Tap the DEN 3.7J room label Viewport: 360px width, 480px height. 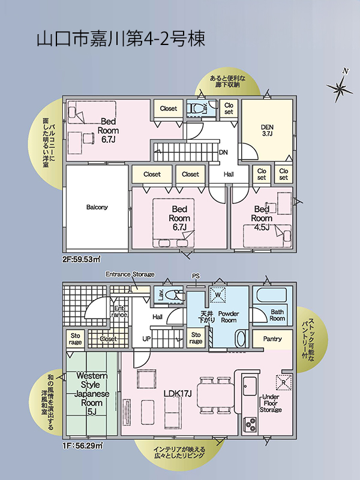[267, 130]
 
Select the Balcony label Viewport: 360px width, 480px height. [97, 207]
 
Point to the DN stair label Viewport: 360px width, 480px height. [223, 152]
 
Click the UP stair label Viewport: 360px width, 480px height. [146, 339]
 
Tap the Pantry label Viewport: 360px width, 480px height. [272, 339]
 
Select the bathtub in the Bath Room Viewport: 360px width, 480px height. [272, 295]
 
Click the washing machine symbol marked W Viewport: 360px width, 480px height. [218, 295]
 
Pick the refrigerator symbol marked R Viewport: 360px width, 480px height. [283, 382]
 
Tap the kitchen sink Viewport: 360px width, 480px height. [250, 386]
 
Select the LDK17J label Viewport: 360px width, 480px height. [178, 394]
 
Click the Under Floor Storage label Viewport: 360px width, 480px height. [271, 403]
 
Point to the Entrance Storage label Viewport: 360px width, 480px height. [130, 274]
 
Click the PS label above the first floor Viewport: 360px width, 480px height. [196, 276]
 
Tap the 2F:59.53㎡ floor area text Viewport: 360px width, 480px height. [82, 260]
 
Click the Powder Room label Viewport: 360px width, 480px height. [229, 317]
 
